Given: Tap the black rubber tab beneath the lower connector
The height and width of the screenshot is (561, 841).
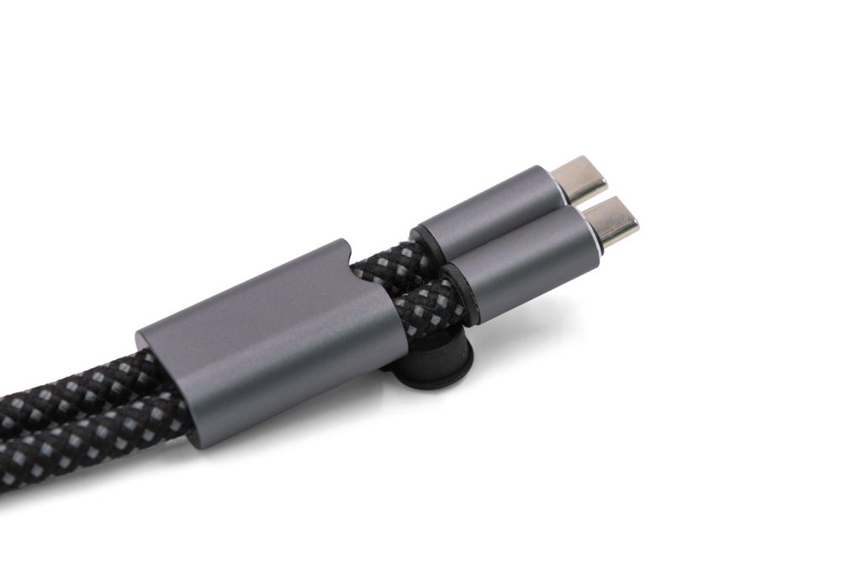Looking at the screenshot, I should [x=437, y=370].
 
